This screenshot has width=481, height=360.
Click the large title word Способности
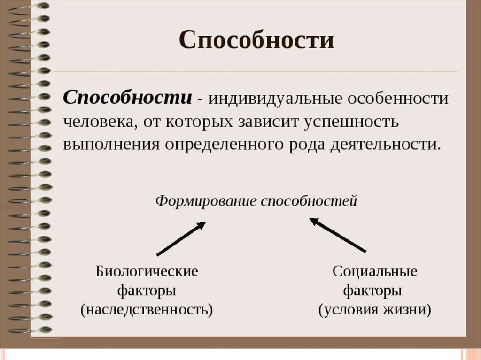click(x=256, y=40)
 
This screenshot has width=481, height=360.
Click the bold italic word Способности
click(x=128, y=98)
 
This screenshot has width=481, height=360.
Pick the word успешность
click(x=351, y=122)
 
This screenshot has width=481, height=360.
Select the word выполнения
click(x=111, y=145)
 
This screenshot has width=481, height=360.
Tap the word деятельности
click(x=386, y=145)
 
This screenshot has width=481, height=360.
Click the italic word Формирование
click(x=206, y=201)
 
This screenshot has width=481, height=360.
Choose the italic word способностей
click(x=309, y=201)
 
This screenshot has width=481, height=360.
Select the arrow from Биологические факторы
click(x=181, y=238)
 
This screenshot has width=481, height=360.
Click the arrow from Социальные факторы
click(x=337, y=235)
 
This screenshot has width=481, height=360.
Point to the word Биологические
click(x=147, y=272)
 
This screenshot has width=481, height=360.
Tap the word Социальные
click(x=375, y=272)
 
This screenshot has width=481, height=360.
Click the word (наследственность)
click(x=147, y=310)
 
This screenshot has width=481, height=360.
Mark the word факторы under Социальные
click(x=372, y=291)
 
